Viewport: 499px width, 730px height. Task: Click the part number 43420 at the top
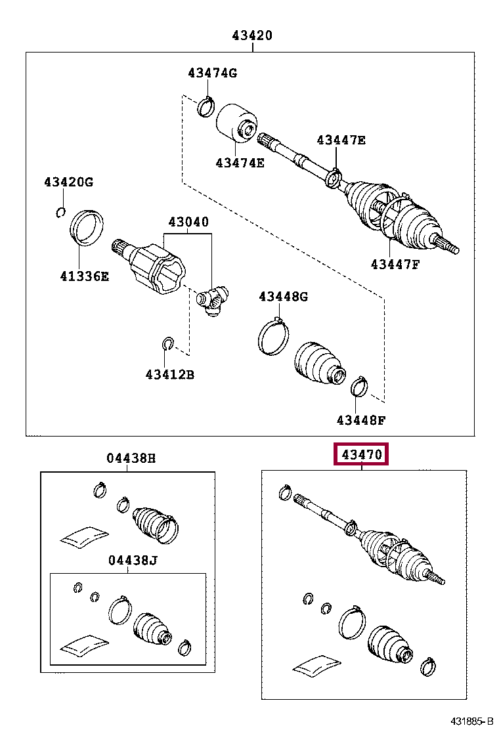coord(251,36)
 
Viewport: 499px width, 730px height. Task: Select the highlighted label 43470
coord(362,454)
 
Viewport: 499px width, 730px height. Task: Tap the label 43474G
coord(211,73)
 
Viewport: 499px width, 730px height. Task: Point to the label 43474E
coord(240,162)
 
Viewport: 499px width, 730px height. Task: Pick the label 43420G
coord(69,182)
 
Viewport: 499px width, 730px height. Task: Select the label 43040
coord(188,222)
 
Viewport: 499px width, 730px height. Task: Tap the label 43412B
coord(170,374)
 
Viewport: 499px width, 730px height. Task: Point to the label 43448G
coord(283,296)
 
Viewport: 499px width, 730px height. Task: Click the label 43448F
coord(360,419)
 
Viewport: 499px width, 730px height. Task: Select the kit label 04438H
coord(131,458)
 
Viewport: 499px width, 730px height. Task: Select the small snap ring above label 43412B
coord(167,343)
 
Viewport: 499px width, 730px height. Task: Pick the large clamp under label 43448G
coord(272,335)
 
